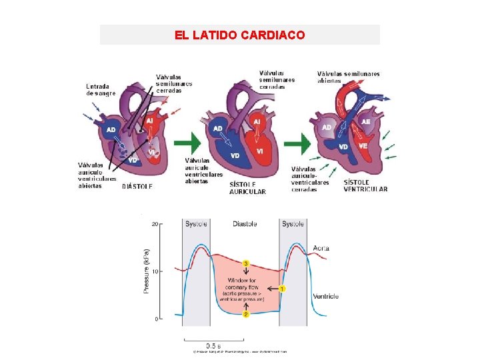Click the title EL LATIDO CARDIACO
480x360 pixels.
pyautogui.click(x=240, y=35)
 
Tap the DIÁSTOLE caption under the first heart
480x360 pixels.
pyautogui.click(x=137, y=187)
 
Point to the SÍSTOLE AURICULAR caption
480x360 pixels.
pyautogui.click(x=247, y=187)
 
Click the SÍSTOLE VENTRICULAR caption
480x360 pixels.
pyautogui.click(x=365, y=185)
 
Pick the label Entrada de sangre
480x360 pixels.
pyautogui.click(x=101, y=89)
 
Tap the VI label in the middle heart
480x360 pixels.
pyautogui.click(x=260, y=152)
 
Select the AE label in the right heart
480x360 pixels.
pyautogui.click(x=365, y=122)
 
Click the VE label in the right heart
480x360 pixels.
pyautogui.click(x=363, y=145)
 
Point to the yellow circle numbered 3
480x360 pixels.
pyautogui.click(x=246, y=264)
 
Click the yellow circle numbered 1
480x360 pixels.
pyautogui.click(x=282, y=289)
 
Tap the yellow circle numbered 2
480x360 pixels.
pyautogui.click(x=246, y=313)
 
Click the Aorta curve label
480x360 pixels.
pyautogui.click(x=321, y=249)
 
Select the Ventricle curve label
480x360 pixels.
pyautogui.click(x=325, y=296)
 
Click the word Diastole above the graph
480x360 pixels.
pyautogui.click(x=245, y=224)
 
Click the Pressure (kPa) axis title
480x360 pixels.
pyautogui.click(x=146, y=272)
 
